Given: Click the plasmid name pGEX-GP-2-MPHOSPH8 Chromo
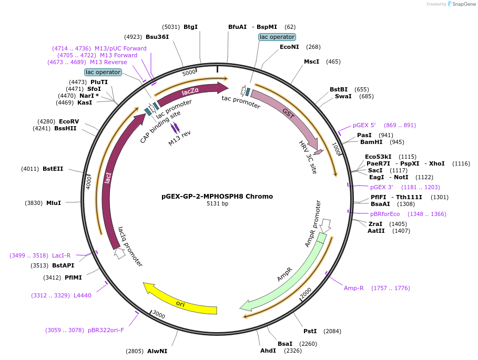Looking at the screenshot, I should (x=217, y=197).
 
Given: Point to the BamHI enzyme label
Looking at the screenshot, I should (x=371, y=142).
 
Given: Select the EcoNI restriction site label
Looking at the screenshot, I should (x=289, y=47).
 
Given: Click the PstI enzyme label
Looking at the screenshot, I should (x=310, y=331).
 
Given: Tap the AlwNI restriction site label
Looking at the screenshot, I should (x=157, y=351).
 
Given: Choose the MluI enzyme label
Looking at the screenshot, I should (x=54, y=203).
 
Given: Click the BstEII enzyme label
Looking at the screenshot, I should (x=53, y=169).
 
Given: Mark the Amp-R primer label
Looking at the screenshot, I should (x=354, y=288).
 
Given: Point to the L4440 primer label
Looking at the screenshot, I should (x=83, y=295).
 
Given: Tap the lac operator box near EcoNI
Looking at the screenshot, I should (x=277, y=37).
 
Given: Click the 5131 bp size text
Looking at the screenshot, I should (x=217, y=203).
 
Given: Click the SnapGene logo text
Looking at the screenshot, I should (x=462, y=4).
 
